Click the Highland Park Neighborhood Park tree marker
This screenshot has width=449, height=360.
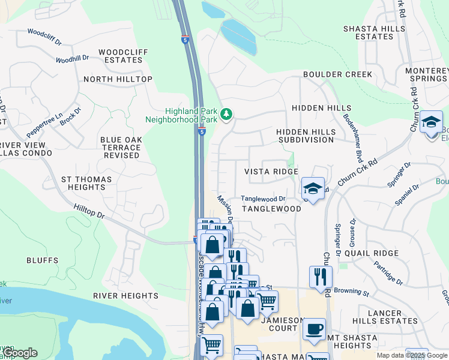(226, 114)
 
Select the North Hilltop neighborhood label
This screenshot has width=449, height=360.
(118, 79)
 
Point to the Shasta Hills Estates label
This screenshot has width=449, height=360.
(376, 32)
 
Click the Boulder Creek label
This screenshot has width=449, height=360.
(337, 74)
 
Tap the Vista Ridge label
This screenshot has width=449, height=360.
(271, 172)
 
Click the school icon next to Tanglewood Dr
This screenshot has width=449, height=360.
(313, 188)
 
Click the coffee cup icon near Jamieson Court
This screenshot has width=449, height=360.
(314, 329)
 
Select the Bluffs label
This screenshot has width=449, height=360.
(43, 260)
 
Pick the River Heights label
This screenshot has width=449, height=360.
(125, 296)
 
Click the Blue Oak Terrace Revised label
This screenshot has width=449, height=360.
(120, 148)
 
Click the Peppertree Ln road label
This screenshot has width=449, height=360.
(44, 125)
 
